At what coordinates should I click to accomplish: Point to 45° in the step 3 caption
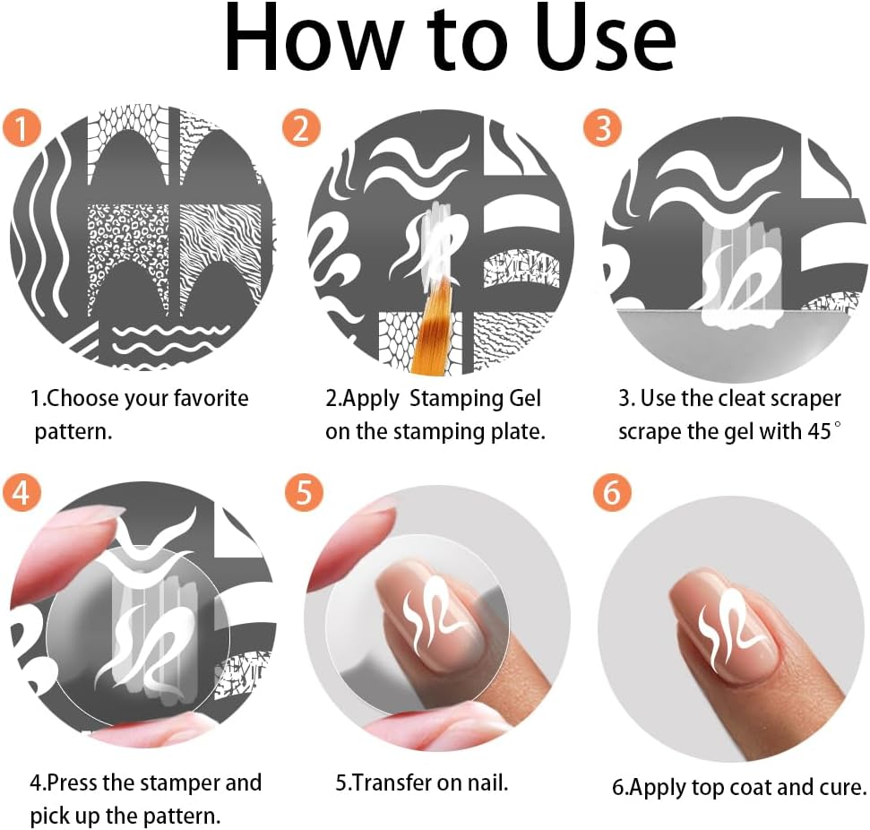coord(820,431)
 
